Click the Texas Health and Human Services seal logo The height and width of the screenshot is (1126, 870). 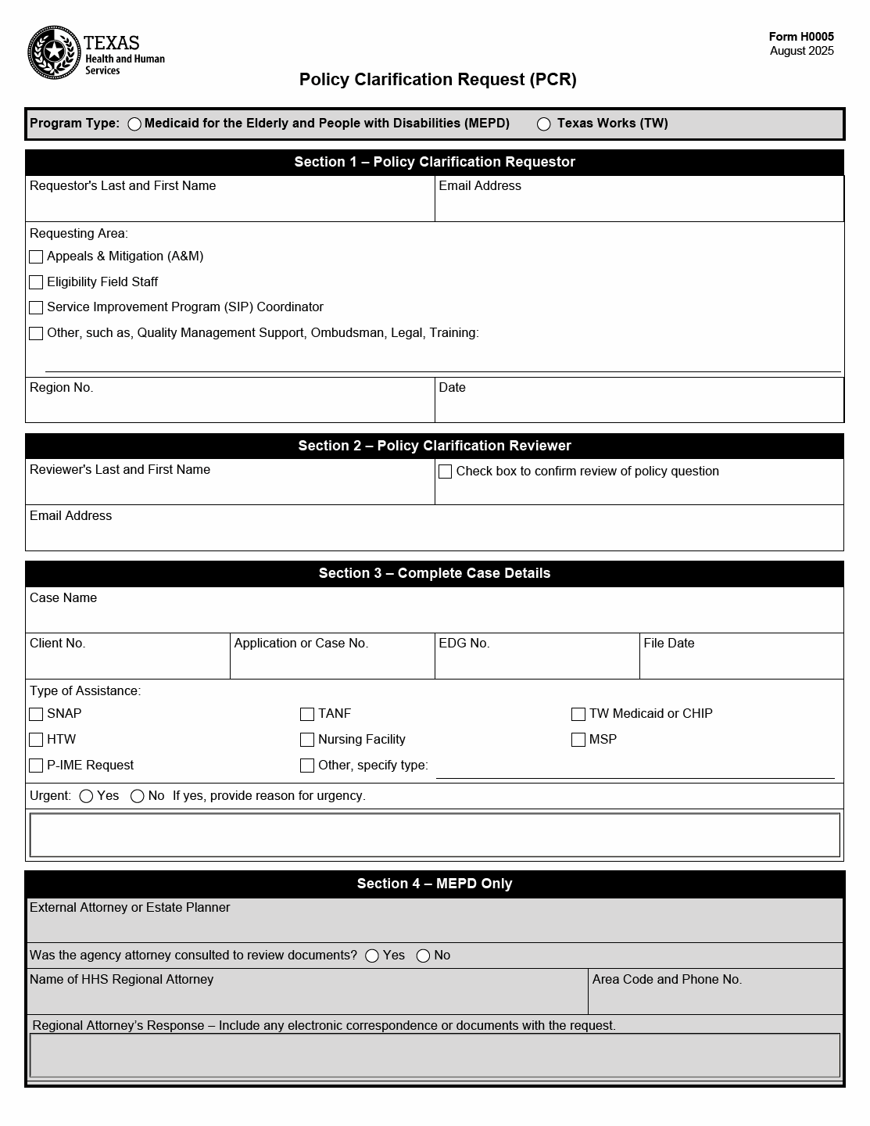click(54, 52)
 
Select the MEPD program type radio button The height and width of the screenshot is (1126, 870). click(134, 124)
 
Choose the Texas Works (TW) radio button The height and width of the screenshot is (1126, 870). click(544, 124)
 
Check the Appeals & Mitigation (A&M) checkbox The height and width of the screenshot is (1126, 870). click(36, 256)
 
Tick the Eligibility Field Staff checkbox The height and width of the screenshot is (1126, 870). click(36, 282)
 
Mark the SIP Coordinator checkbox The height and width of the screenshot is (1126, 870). click(36, 308)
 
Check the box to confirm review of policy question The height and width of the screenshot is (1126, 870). click(446, 472)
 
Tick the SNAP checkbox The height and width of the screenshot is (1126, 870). click(36, 714)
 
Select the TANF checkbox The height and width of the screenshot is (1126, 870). click(307, 714)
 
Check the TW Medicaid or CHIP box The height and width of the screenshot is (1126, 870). click(578, 714)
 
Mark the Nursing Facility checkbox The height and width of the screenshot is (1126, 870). click(307, 740)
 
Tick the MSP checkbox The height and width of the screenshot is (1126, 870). click(578, 740)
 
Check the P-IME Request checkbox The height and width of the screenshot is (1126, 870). click(36, 766)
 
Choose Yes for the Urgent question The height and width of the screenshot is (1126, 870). click(87, 796)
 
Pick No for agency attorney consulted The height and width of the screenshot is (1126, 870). click(424, 956)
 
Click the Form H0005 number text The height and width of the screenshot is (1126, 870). click(801, 37)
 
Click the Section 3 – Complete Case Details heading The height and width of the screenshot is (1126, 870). click(435, 573)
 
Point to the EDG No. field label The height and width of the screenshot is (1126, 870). click(464, 643)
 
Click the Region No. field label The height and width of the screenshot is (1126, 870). click(61, 387)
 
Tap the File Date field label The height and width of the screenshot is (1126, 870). click(669, 643)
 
